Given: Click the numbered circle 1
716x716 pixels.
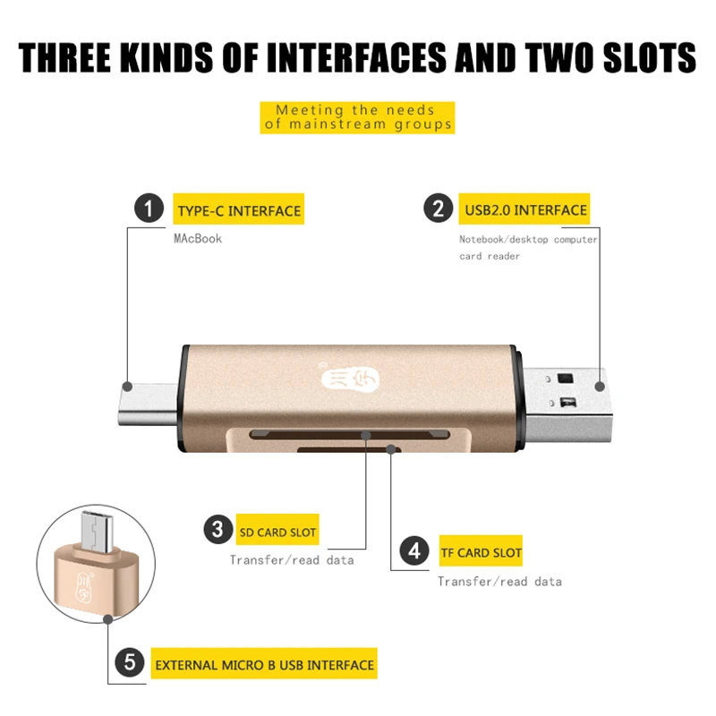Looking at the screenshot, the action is (x=149, y=209).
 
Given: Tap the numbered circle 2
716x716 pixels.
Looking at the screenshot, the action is (x=438, y=208).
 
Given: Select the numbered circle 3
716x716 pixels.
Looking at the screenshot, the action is (x=218, y=529).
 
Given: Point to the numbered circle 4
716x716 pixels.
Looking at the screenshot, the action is (x=414, y=550).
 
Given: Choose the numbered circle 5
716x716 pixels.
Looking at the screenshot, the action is (x=130, y=662).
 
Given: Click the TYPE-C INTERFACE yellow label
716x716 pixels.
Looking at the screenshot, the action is (x=238, y=209).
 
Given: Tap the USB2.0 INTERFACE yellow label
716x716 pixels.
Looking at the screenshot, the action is (x=524, y=209).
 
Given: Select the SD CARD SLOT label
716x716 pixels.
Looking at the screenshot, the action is (x=277, y=530).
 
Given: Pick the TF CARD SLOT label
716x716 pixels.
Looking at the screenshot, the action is (x=481, y=550).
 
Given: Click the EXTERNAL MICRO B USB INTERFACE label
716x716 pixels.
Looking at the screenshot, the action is (x=264, y=663).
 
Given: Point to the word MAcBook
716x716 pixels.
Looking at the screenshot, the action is (x=198, y=238).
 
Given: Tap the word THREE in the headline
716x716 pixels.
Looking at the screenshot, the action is (x=64, y=57).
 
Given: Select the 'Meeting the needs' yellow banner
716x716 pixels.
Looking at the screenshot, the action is (x=357, y=117).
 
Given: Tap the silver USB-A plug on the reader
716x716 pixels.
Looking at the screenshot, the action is (x=567, y=405).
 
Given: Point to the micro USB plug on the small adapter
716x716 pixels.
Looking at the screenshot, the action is (x=97, y=532).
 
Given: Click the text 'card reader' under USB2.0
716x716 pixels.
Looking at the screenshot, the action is (x=490, y=256).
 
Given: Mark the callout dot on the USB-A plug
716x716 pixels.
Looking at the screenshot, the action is (x=600, y=387).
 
